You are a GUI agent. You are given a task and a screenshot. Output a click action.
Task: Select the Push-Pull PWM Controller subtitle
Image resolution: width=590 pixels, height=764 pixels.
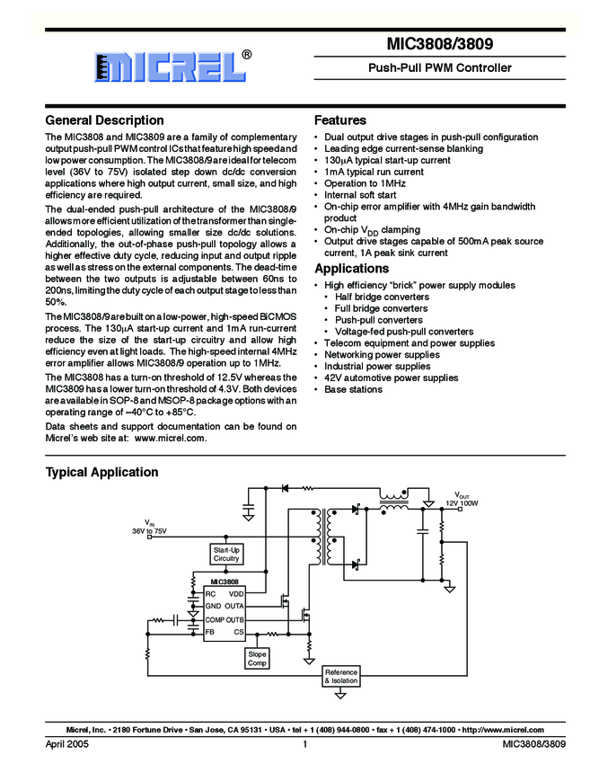tap(440, 67)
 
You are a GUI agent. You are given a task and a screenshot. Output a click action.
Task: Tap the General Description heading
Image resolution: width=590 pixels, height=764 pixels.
tap(104, 120)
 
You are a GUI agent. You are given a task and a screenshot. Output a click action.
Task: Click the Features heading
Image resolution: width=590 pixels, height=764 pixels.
tap(339, 120)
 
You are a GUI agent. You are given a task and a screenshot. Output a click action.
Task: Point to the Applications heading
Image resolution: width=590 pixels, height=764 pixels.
tap(351, 269)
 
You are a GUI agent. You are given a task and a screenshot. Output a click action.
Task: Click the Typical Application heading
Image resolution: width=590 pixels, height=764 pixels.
tap(101, 472)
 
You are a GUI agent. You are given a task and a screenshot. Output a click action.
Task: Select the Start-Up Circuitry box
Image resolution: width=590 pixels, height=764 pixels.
tap(226, 554)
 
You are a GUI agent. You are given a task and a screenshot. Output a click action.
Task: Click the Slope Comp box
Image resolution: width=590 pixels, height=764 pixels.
tap(257, 659)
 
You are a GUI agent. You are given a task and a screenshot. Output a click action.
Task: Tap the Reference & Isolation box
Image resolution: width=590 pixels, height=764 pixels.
tap(340, 677)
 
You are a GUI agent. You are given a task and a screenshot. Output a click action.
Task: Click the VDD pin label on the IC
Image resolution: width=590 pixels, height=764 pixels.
tap(236, 594)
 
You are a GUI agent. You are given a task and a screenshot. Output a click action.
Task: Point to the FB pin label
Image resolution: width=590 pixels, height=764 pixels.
tap(209, 632)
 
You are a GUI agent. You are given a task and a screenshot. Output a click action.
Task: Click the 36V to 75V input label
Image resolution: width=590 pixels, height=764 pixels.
tap(149, 531)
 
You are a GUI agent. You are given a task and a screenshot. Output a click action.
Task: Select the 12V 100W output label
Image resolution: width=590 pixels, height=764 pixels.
tap(463, 502)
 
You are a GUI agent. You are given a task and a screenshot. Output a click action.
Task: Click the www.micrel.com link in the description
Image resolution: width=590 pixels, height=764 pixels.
tap(171, 439)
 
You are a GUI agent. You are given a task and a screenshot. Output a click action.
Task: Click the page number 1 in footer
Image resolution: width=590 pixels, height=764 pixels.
tap(305, 745)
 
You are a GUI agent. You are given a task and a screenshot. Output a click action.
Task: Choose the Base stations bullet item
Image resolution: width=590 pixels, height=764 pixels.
tap(353, 390)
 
